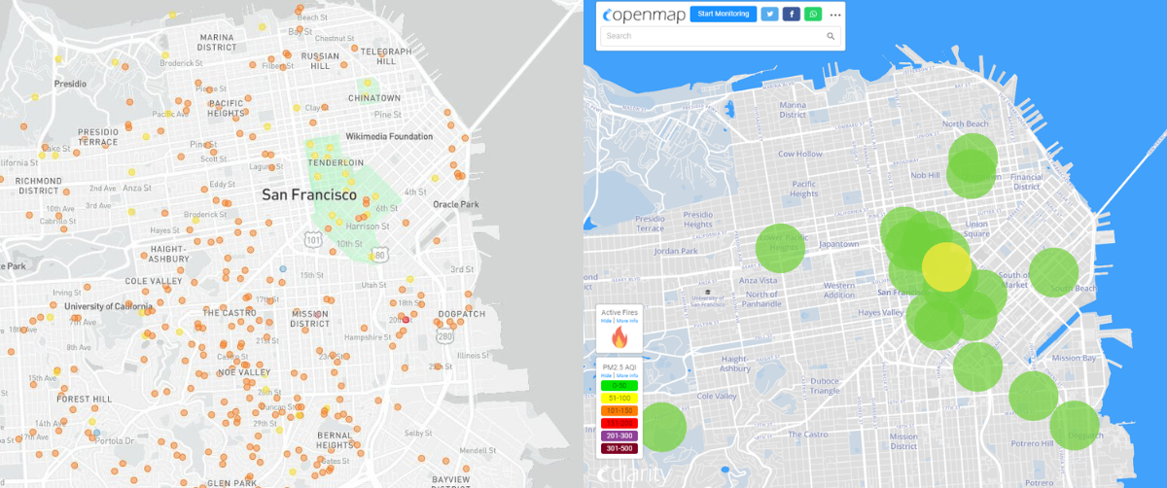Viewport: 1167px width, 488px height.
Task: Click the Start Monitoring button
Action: click(x=723, y=14)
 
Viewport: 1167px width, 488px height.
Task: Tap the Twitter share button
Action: click(x=769, y=14)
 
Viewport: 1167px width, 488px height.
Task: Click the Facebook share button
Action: click(x=792, y=14)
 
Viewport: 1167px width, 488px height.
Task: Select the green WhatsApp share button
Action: click(x=813, y=14)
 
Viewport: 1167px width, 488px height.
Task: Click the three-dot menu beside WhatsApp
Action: click(x=834, y=15)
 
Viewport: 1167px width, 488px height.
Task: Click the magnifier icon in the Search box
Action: click(x=831, y=36)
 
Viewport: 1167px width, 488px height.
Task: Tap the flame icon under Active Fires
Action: click(x=619, y=337)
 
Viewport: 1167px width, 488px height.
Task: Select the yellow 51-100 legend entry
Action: click(x=619, y=398)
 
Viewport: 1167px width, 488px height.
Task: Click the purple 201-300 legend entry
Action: click(x=619, y=436)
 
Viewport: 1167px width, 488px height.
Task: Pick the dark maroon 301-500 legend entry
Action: click(x=619, y=448)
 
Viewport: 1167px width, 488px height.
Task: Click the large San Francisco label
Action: click(x=309, y=194)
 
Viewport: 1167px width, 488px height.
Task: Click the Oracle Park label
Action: click(x=456, y=204)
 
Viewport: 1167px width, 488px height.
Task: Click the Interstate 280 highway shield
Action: click(x=445, y=336)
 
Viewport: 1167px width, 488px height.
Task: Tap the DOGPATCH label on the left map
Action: click(x=461, y=314)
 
